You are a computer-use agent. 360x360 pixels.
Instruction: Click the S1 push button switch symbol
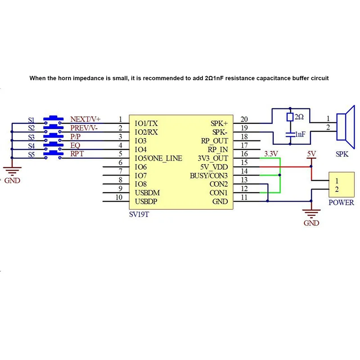tap(54, 119)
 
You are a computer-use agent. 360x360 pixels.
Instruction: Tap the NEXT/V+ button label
tap(85, 119)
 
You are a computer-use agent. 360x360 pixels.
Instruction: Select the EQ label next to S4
tap(75, 145)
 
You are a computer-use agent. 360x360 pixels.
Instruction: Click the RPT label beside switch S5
tap(77, 154)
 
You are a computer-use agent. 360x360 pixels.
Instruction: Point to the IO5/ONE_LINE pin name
tap(158, 158)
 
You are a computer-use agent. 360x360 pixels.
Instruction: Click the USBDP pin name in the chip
tap(146, 201)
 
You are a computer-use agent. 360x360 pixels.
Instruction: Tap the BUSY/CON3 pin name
tap(209, 175)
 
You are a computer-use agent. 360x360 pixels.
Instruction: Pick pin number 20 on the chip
tap(244, 119)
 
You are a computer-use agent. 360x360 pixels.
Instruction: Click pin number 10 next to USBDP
tap(119, 197)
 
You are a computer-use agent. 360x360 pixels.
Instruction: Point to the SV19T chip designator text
tap(139, 215)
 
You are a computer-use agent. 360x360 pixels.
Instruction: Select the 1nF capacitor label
tap(301, 134)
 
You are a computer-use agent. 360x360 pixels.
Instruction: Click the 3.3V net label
tap(271, 154)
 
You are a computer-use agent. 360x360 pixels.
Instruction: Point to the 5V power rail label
tap(311, 153)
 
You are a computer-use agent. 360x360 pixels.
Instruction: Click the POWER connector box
tap(341, 184)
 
